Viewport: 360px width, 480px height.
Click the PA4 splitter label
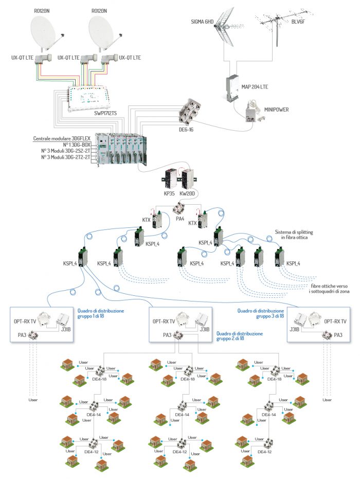point(180,218)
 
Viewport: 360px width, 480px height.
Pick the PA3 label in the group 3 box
point(338,335)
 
